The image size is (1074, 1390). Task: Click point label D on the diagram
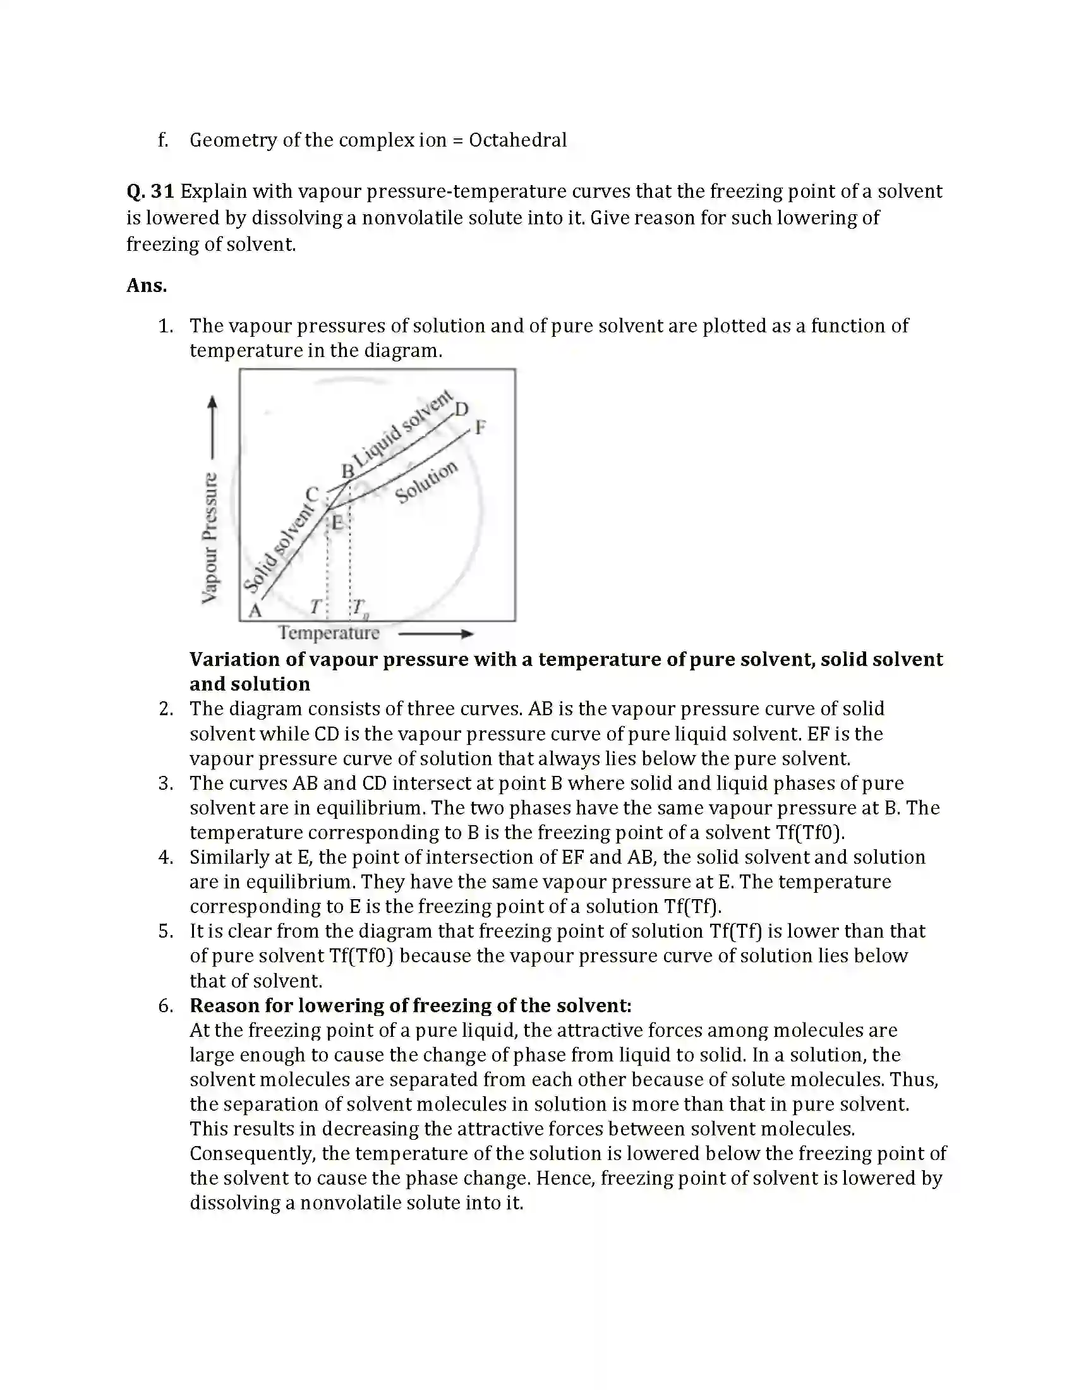(462, 409)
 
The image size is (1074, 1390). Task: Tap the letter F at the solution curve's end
(480, 427)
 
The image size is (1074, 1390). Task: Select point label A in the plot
(255, 610)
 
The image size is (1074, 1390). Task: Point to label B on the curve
(347, 471)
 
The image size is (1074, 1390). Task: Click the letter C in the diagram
(311, 495)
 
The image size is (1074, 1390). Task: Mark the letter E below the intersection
(337, 523)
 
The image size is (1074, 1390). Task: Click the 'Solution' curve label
(426, 482)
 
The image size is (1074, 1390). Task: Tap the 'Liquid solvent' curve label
(404, 428)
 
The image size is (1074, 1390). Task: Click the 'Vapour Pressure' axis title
(210, 538)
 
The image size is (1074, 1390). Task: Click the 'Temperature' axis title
(329, 632)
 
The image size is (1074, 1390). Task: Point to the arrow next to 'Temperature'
(437, 634)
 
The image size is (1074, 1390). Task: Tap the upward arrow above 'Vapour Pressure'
(212, 426)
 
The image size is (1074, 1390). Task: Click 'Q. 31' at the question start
(150, 191)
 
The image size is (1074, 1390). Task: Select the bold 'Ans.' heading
(147, 285)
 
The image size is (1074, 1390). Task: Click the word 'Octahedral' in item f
(517, 140)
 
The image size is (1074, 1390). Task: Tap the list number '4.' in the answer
(166, 857)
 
